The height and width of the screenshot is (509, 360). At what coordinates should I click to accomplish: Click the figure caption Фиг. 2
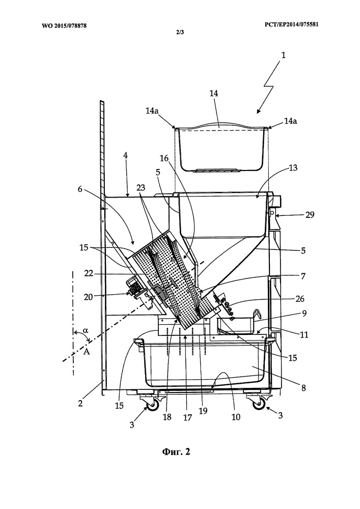tap(176, 452)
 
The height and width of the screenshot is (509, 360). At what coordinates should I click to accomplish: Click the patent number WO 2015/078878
tap(64, 25)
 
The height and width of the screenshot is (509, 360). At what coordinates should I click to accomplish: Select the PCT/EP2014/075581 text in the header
tap(291, 24)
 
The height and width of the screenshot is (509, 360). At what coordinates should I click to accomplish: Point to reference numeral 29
tap(310, 215)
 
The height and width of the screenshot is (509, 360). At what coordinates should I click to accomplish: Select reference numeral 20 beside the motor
tap(89, 296)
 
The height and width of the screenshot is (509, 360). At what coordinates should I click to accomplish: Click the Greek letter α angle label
tap(86, 330)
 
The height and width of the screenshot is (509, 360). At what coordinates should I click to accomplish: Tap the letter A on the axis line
tap(87, 351)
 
